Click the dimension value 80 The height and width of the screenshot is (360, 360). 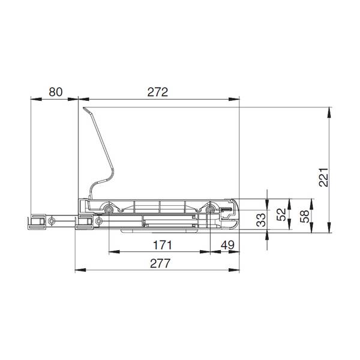click(x=56, y=92)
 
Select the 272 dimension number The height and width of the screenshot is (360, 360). click(x=158, y=92)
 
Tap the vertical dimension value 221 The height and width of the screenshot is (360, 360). click(x=324, y=177)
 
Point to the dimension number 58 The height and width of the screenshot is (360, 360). click(x=305, y=216)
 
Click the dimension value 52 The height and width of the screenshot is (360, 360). click(x=281, y=214)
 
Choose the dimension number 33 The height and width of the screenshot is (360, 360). click(x=261, y=220)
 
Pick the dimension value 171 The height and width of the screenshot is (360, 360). click(x=163, y=245)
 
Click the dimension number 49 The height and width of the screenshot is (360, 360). click(x=227, y=245)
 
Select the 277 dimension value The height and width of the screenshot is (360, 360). click(x=160, y=263)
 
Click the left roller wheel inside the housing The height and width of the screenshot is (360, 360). click(x=108, y=209)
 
